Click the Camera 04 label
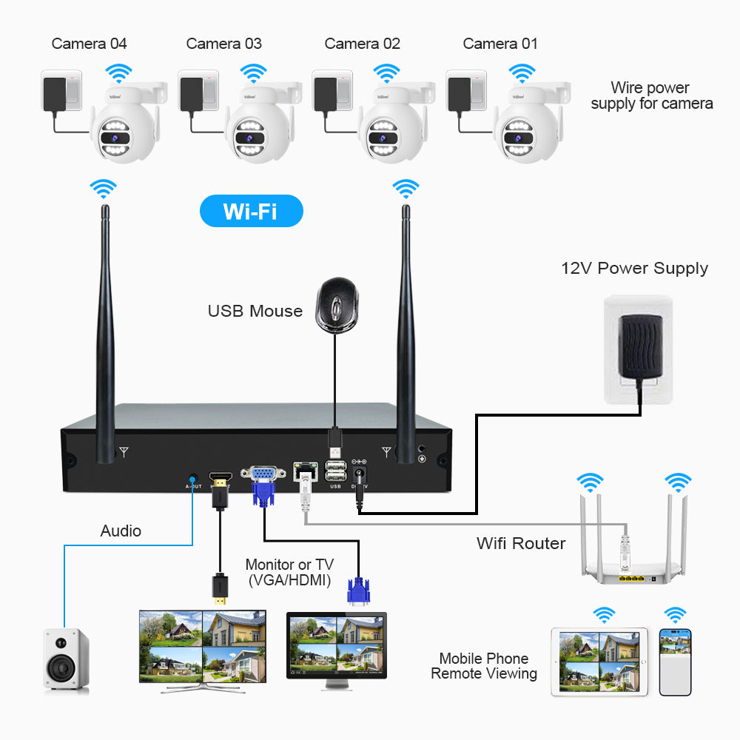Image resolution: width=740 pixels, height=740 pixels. (x=89, y=44)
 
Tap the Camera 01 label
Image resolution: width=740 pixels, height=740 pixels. (x=500, y=44)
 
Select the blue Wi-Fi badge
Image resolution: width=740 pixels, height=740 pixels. (x=251, y=211)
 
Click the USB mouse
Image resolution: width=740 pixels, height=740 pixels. (x=336, y=303)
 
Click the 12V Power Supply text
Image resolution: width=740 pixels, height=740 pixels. (x=634, y=269)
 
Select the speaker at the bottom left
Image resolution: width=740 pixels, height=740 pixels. (x=66, y=659)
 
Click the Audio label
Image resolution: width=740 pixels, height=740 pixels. (x=121, y=531)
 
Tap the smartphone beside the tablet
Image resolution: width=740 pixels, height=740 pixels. (x=675, y=662)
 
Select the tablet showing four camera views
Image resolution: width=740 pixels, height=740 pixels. (x=599, y=662)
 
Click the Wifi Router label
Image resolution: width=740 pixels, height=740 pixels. (x=521, y=543)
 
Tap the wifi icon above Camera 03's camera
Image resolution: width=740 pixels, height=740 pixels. (x=253, y=73)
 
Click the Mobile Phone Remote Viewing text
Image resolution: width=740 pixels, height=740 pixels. (x=484, y=666)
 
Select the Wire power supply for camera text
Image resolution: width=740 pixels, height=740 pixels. (x=651, y=96)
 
